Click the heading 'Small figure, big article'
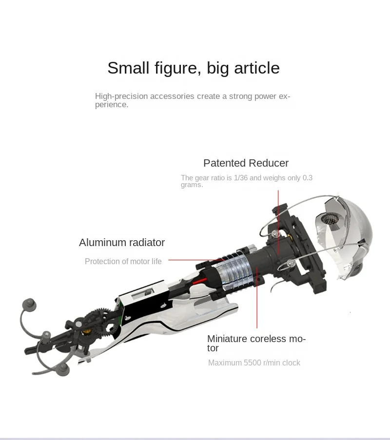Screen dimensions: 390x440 [x=194, y=68]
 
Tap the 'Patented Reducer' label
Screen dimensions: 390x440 [x=246, y=163]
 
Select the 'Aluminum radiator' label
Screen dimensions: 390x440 [x=122, y=243]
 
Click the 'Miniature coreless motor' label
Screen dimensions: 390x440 [x=256, y=343]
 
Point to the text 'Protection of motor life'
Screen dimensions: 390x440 [x=123, y=262]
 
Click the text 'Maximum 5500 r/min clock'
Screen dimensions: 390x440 [x=254, y=363]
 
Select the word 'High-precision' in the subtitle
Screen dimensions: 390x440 [x=121, y=96]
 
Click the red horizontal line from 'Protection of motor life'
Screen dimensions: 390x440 [x=196, y=260]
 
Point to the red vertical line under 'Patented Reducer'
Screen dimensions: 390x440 [x=278, y=222]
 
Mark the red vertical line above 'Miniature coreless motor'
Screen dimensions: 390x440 [x=257, y=297]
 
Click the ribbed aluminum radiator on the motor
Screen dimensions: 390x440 [x=233, y=271]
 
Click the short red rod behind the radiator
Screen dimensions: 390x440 [x=199, y=281]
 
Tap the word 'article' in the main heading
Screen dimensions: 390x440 [x=257, y=68]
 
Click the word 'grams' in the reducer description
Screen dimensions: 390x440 [x=191, y=185]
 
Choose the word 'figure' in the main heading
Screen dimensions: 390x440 [x=178, y=68]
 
